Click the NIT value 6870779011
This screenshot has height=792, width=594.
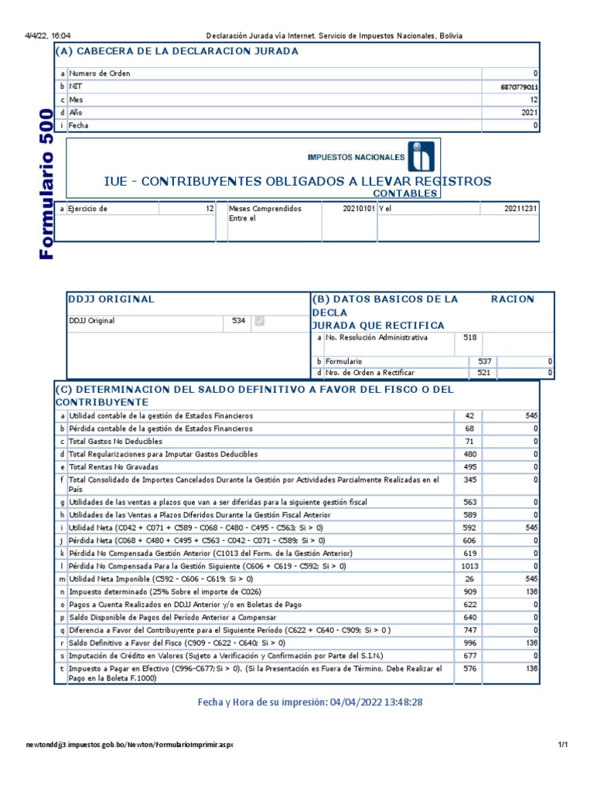point(519,87)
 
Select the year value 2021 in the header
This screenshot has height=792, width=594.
point(530,112)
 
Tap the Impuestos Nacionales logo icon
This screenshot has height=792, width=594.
point(422,156)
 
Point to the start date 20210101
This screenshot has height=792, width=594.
point(358,209)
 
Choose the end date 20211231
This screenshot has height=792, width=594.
point(521,209)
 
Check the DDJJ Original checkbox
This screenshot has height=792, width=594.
point(260,321)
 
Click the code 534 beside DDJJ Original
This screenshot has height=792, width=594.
point(240,321)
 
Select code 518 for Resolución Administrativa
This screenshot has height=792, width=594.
point(469,338)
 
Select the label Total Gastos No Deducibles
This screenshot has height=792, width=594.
point(115,441)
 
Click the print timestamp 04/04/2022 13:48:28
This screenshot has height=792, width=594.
point(376,702)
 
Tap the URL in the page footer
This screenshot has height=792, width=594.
point(130,745)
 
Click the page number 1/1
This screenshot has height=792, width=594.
point(563,745)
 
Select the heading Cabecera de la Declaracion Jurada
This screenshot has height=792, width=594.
point(177,51)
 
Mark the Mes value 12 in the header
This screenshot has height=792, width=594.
point(534,100)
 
